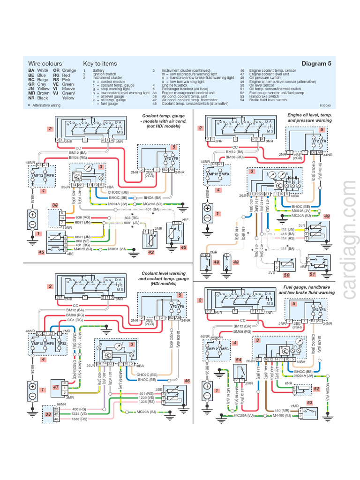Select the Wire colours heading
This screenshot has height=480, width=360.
coord(45,63)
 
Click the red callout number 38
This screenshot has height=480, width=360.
coord(55,205)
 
